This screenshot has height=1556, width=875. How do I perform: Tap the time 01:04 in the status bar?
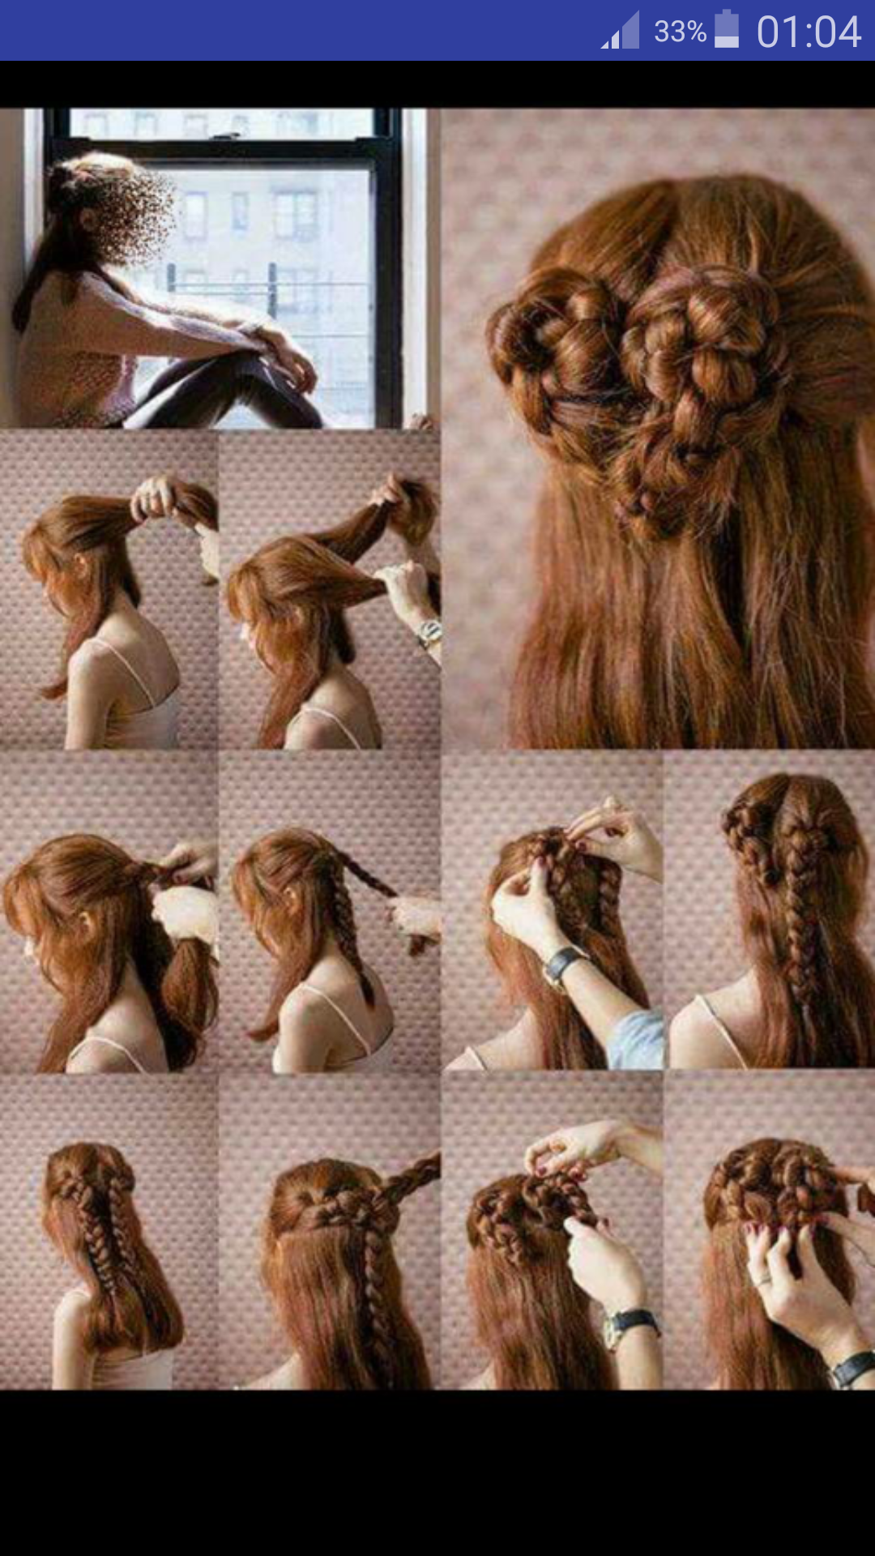(808, 32)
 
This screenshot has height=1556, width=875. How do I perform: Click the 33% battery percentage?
(680, 32)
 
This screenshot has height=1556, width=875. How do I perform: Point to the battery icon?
(727, 29)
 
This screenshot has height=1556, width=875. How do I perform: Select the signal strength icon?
(620, 31)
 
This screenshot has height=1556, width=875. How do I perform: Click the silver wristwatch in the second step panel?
(429, 632)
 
